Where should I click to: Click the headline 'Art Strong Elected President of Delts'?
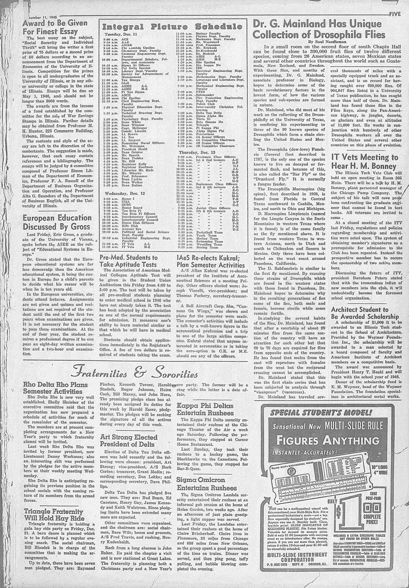[x=129, y=440]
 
